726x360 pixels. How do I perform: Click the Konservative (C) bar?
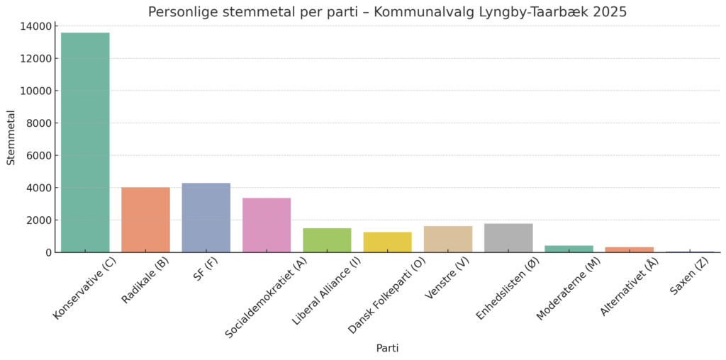click(85, 142)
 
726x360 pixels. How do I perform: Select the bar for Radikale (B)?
click(145, 220)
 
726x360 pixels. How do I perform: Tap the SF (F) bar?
click(206, 218)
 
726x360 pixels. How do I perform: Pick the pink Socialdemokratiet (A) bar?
click(267, 225)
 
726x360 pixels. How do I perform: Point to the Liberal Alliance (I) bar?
click(327, 240)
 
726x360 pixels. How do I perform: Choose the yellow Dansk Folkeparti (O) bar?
click(387, 242)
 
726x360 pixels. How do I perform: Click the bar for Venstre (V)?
click(448, 240)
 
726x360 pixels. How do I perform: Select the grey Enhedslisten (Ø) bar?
click(508, 238)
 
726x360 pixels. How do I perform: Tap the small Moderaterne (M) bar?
click(569, 249)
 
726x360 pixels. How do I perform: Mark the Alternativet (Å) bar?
click(630, 249)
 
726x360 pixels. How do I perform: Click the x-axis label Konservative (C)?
click(86, 289)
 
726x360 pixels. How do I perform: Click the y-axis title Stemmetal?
click(11, 137)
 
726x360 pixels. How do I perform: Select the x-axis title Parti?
click(387, 349)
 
